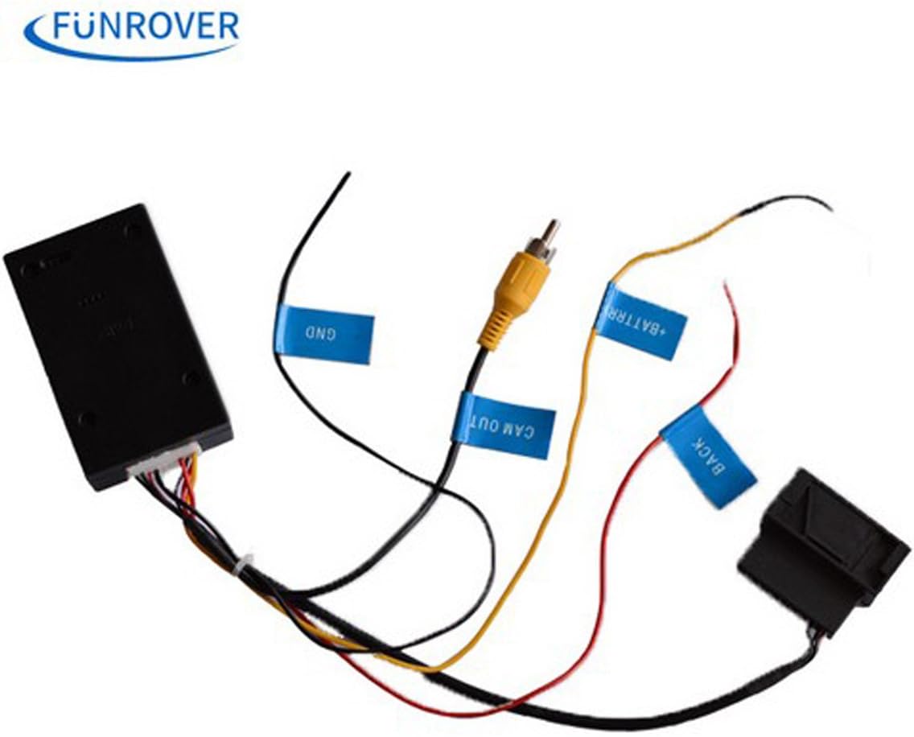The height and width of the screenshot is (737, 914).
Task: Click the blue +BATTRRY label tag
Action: tap(641, 321)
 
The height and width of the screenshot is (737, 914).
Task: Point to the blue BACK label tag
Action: tap(708, 456)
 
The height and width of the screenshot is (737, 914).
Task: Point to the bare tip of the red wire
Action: tap(726, 286)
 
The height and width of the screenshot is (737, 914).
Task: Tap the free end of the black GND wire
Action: tap(347, 175)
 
